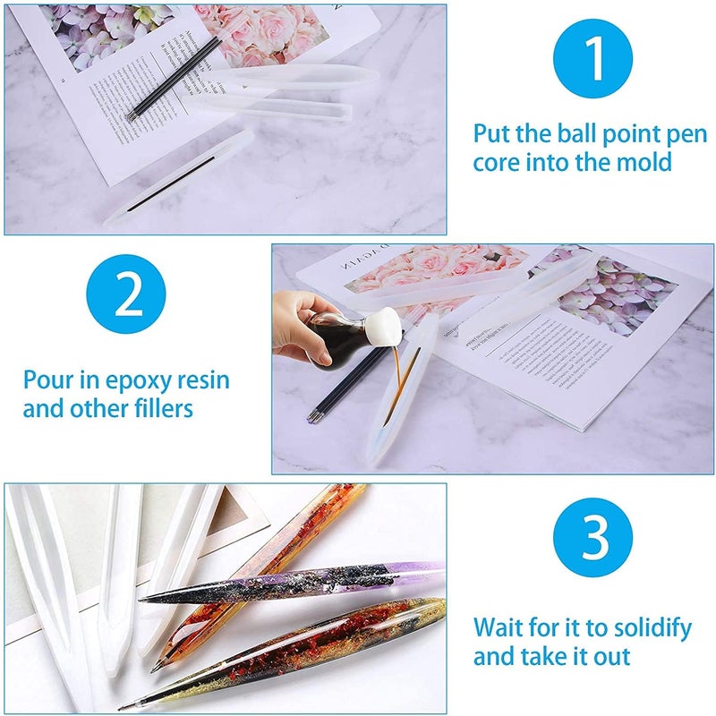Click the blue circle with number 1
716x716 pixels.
pyautogui.click(x=592, y=58)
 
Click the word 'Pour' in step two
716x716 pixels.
pyautogui.click(x=49, y=379)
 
